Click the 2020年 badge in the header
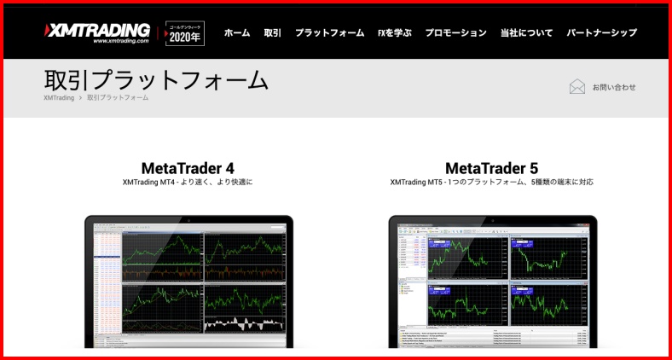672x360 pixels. point(185,33)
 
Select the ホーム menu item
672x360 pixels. point(237,33)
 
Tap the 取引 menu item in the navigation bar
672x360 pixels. point(273,33)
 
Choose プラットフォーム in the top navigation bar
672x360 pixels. point(329,33)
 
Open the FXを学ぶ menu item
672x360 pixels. point(394,33)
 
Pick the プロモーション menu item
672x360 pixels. point(455,33)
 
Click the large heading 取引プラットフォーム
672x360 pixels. point(156,79)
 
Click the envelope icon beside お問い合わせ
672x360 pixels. point(577,86)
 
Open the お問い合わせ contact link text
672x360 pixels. point(614,87)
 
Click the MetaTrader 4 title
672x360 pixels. point(188,168)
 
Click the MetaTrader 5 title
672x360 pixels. point(491,168)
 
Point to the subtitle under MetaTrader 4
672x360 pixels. point(188,183)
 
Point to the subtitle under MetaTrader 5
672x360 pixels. point(491,183)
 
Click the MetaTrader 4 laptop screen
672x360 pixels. point(188,282)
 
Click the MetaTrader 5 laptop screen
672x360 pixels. point(492,282)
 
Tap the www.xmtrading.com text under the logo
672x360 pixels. point(121,40)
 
